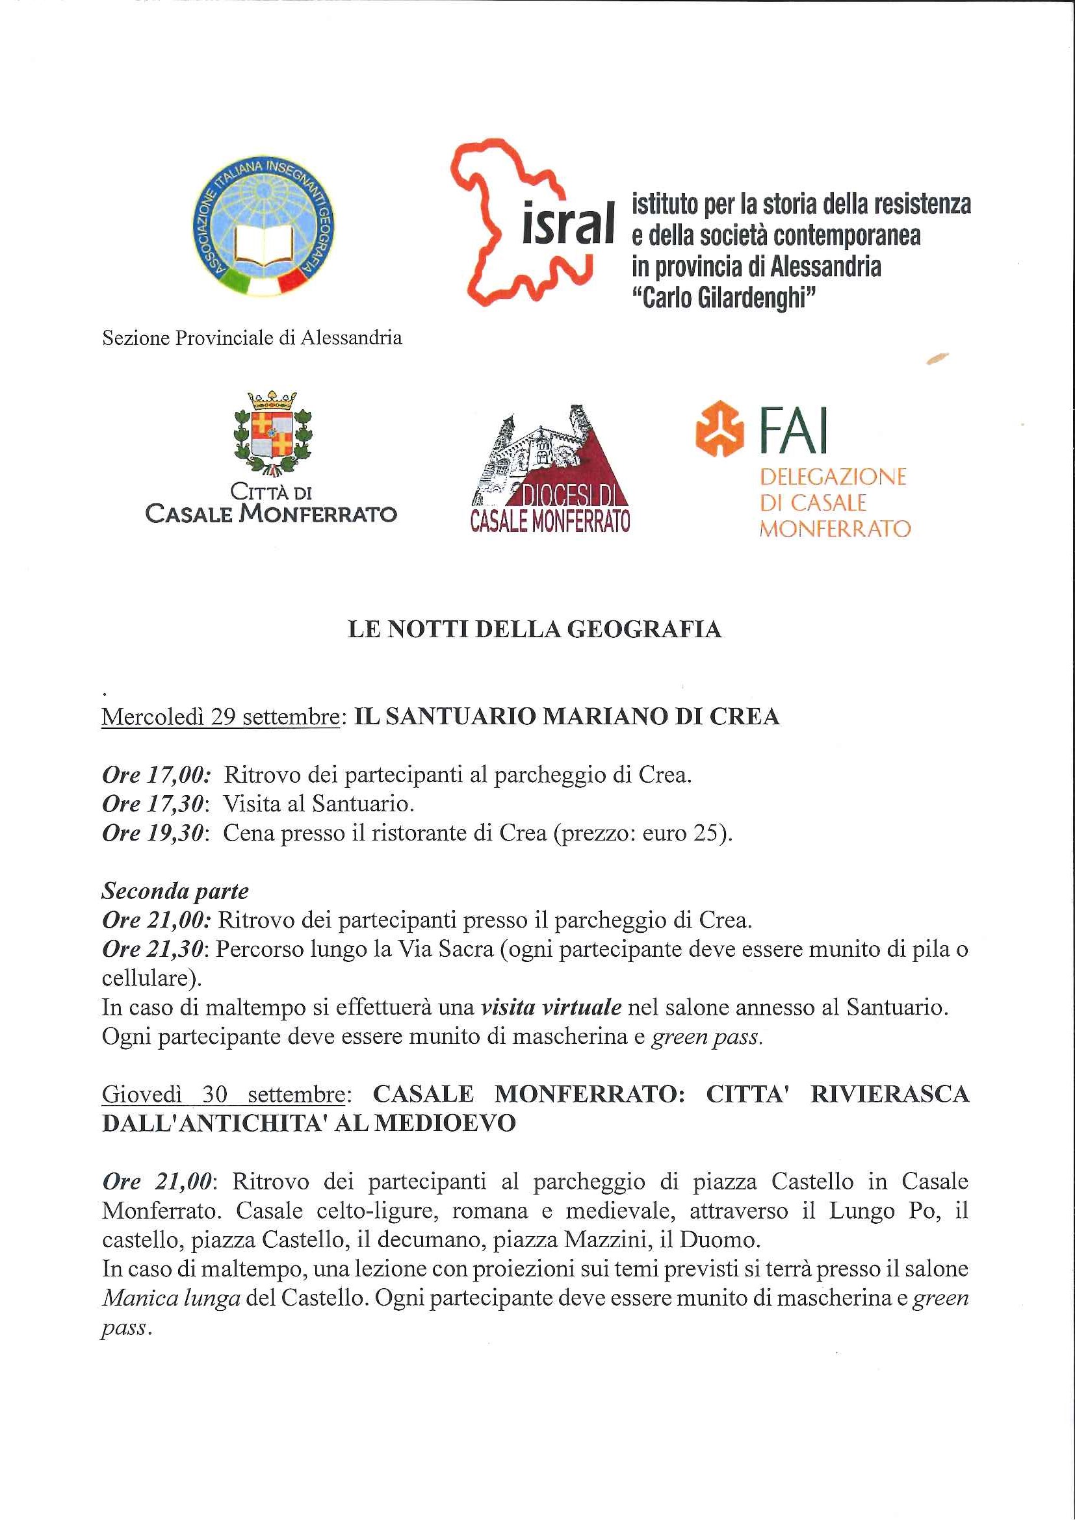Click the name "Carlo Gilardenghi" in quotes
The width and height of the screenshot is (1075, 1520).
(723, 298)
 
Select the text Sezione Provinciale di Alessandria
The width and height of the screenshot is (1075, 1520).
(252, 338)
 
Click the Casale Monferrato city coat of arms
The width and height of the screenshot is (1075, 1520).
(272, 435)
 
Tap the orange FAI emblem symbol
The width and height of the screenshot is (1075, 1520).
(720, 428)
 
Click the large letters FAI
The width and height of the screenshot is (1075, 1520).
(795, 431)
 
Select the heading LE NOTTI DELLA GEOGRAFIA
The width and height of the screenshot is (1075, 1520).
(534, 629)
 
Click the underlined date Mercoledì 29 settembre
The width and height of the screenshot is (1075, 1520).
(220, 717)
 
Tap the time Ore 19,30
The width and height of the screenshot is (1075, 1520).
(153, 833)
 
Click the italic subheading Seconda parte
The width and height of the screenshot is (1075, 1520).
(175, 891)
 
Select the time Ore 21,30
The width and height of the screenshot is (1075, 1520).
(153, 949)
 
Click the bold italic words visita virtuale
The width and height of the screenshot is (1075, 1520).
(551, 1007)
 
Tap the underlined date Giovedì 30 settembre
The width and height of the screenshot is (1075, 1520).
(223, 1095)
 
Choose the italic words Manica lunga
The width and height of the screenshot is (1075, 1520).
(171, 1298)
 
